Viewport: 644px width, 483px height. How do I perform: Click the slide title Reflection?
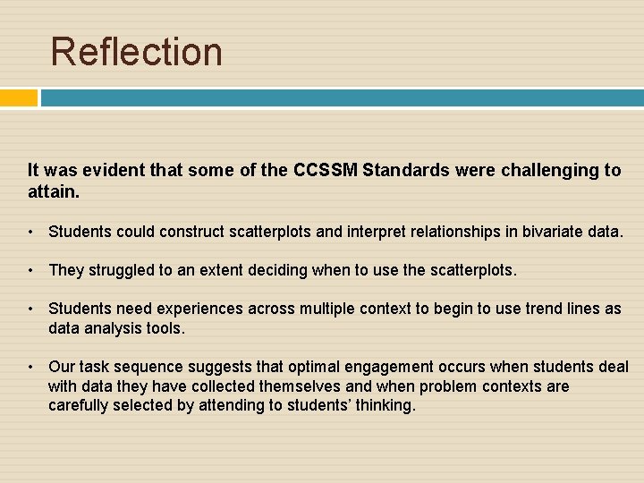[x=136, y=51]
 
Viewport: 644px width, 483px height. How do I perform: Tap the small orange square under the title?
[x=19, y=97]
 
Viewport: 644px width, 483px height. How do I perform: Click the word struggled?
[x=115, y=269]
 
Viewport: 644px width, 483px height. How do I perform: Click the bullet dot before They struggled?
[x=30, y=269]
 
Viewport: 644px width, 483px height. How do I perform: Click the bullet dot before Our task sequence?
[x=30, y=367]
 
